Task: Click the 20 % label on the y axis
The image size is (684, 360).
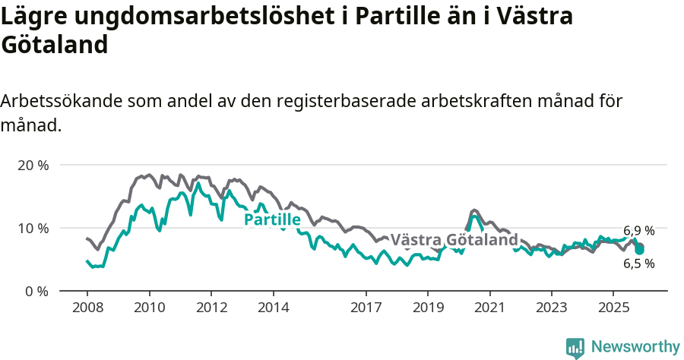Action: tap(32, 165)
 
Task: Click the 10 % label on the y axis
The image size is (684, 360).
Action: tap(32, 228)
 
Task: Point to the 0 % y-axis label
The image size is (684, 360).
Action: tap(36, 291)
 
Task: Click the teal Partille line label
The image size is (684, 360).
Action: tap(272, 220)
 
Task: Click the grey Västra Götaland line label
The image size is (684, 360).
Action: tap(454, 239)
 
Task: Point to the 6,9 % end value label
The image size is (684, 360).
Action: tap(639, 230)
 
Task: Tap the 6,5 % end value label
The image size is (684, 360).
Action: tap(639, 264)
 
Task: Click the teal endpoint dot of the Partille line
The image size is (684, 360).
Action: tap(640, 250)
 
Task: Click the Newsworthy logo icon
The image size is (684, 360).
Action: tap(575, 347)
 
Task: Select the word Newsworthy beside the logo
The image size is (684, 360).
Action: tap(635, 347)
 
